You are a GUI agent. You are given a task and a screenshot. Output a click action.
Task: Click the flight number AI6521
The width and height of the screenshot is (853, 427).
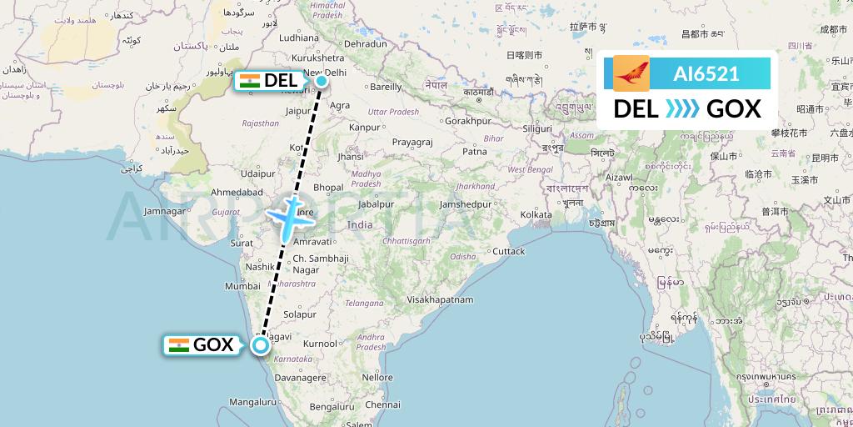(706, 73)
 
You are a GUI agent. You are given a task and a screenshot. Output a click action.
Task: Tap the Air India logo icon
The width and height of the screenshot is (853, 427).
(631, 73)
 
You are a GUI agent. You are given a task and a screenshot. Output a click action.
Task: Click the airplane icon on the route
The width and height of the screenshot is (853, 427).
(289, 217)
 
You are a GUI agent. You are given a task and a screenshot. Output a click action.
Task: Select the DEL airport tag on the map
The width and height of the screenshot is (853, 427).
(269, 81)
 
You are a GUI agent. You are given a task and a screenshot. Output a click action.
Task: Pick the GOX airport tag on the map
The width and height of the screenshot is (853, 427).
(202, 345)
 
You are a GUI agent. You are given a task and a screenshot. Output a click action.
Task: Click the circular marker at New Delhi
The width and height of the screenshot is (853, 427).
(321, 81)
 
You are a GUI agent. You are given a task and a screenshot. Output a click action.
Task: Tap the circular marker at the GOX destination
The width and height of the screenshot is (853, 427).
(261, 344)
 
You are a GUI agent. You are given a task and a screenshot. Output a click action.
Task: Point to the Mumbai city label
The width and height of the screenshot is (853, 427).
(242, 285)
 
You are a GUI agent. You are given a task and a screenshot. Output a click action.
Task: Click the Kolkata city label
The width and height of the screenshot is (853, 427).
(536, 215)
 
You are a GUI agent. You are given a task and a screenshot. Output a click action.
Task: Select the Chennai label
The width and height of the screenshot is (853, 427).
(382, 404)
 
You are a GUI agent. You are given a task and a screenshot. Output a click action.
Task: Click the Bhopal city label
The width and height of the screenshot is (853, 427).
(328, 187)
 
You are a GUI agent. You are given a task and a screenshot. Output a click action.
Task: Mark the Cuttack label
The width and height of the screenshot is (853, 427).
(508, 251)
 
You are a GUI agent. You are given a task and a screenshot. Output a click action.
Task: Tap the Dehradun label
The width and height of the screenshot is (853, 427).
(366, 43)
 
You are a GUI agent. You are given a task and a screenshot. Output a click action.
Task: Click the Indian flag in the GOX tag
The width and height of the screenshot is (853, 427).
(178, 345)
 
